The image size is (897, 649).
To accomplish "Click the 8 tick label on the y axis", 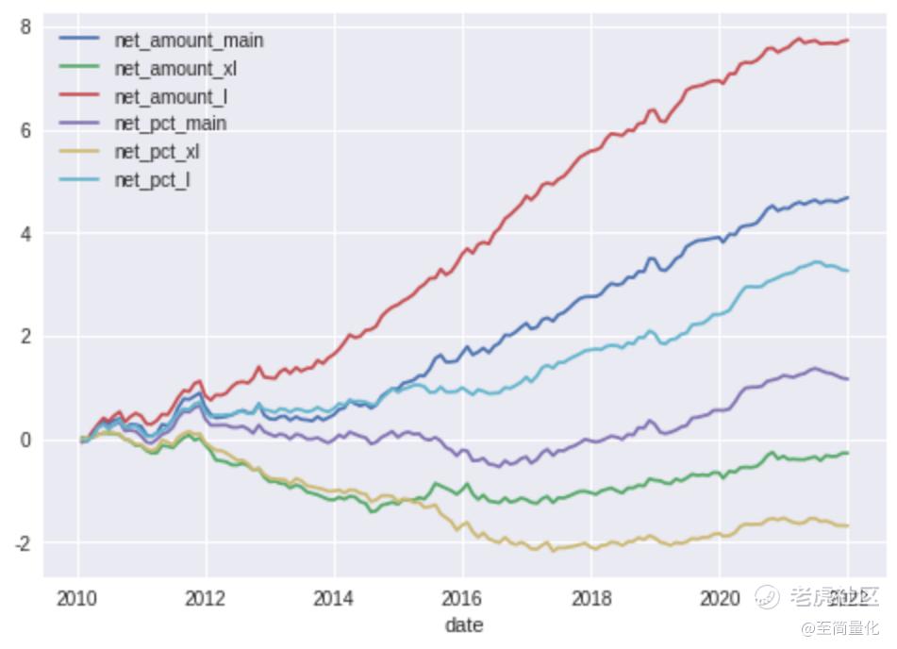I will click(x=25, y=27).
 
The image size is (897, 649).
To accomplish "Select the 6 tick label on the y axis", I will click(x=25, y=130).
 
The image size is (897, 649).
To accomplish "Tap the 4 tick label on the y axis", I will click(x=25, y=233).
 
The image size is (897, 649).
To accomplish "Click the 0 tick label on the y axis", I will click(x=25, y=441).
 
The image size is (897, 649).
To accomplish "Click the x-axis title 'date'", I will click(x=463, y=624).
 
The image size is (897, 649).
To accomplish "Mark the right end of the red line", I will click(x=848, y=40).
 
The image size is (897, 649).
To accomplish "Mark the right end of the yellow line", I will click(x=848, y=525).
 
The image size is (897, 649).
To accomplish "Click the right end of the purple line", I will click(x=848, y=379).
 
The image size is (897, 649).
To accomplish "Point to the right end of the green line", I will click(x=848, y=453).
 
